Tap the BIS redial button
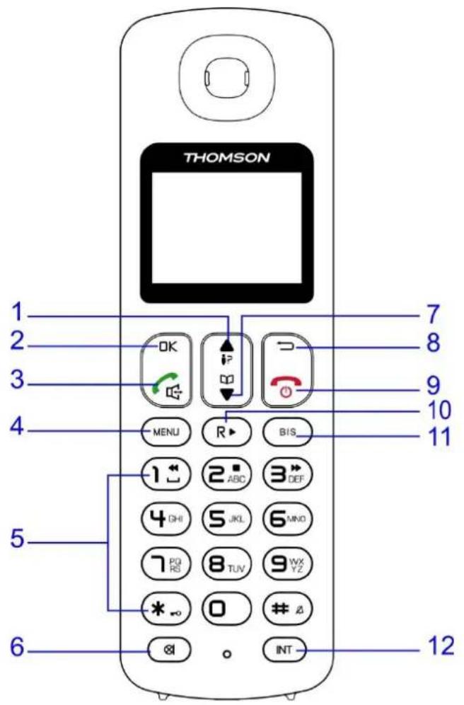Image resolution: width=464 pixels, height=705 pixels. [286, 431]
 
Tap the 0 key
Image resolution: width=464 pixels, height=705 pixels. [227, 607]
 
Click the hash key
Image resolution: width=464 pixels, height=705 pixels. [286, 607]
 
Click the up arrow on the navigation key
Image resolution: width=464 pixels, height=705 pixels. [226, 341]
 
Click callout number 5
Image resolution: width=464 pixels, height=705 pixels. [19, 539]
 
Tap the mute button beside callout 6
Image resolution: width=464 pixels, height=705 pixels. [168, 646]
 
